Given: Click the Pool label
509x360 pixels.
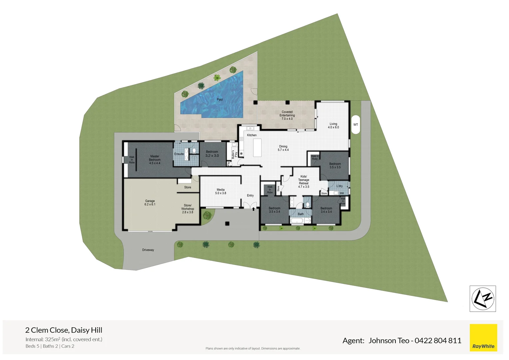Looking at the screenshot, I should [220, 100].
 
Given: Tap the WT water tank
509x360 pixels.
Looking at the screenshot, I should [355, 125].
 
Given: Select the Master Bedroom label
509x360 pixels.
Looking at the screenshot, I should [155, 160].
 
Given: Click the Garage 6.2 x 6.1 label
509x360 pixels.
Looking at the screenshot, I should [150, 203].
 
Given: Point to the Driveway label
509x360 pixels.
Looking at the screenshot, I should [148, 250].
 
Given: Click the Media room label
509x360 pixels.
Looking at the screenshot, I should [221, 191].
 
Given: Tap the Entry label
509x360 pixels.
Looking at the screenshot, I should [250, 196].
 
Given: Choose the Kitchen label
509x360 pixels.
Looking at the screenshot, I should [252, 135].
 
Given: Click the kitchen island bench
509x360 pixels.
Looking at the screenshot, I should [257, 148].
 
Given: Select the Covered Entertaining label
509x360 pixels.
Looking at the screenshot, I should [287, 115].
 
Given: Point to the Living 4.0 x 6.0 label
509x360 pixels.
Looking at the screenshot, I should [333, 126].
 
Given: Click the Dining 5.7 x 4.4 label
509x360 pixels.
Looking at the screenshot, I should [283, 148].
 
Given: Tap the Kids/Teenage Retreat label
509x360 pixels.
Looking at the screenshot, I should [303, 182].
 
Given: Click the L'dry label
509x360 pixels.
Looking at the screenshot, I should [339, 186].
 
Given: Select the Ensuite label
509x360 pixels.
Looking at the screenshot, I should [179, 154].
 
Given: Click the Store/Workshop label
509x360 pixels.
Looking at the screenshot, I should [188, 209].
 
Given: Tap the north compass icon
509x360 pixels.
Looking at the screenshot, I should [483, 299].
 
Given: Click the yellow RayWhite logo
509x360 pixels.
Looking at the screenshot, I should [483, 338].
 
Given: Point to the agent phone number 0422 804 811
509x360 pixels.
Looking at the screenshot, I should [438, 341].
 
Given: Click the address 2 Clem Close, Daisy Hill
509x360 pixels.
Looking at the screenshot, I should [64, 330].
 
